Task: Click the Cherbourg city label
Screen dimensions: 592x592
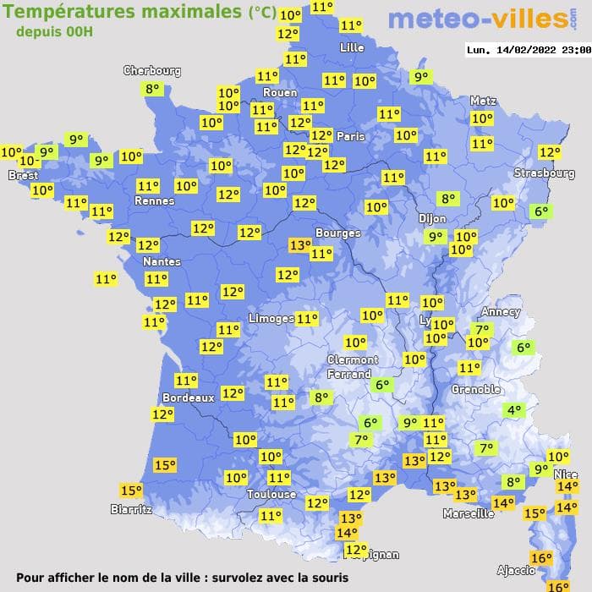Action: [x=152, y=71]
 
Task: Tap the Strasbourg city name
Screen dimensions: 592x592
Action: [x=544, y=173]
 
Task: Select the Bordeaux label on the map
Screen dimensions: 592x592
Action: [x=188, y=397]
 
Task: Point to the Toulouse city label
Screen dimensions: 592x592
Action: [x=271, y=494]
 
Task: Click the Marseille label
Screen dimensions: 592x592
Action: [x=469, y=513]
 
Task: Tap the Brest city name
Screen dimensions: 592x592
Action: [x=23, y=175]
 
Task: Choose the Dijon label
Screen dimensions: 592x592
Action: [x=431, y=217]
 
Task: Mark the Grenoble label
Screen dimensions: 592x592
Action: [x=475, y=390]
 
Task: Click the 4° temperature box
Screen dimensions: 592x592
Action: [x=514, y=411]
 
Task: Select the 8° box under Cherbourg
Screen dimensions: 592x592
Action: [x=152, y=89]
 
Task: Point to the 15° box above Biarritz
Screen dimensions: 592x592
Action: [x=131, y=491]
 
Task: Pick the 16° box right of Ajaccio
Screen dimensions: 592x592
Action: [x=540, y=558]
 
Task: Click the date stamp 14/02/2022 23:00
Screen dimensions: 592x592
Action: [x=529, y=50]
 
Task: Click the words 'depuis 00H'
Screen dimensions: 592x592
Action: [x=54, y=31]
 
